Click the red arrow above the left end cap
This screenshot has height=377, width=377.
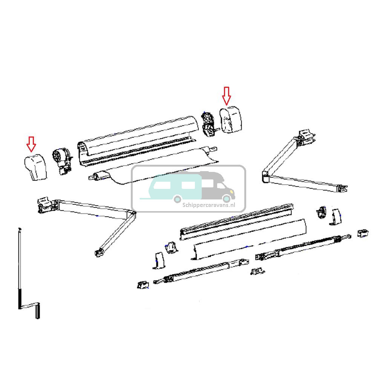pos(31,143)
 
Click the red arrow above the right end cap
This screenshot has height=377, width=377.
pos(226,95)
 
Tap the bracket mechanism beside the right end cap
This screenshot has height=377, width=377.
pos(208,124)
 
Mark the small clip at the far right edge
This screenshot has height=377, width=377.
pos(363,233)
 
